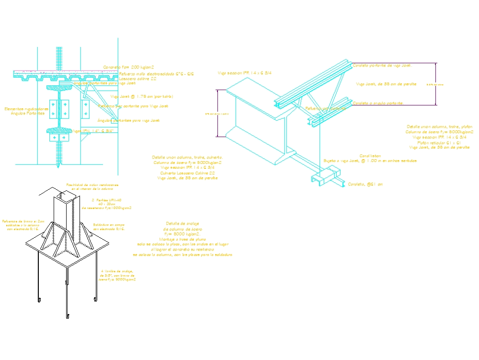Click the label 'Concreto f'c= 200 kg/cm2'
pos(128,68)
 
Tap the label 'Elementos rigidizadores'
pos(26,109)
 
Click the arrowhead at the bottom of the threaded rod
pos(58,166)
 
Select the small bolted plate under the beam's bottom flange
pos(59,138)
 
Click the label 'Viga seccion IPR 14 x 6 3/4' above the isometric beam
pos(245,73)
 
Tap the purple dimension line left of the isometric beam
pos(218,113)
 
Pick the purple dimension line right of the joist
pos(435,84)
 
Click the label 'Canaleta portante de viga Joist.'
pos(381,65)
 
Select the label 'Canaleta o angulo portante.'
pos(377,103)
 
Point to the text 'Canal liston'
pos(370,156)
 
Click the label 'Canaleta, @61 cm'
pos(365,184)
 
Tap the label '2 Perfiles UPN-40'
pos(106,200)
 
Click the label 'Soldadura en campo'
pos(109,224)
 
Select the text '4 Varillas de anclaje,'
pos(117,271)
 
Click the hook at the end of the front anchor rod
pos(68,316)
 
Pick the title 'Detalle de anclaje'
pos(182,223)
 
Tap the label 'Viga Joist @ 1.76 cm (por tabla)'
pos(142,97)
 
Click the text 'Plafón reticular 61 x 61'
pos(439,142)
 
